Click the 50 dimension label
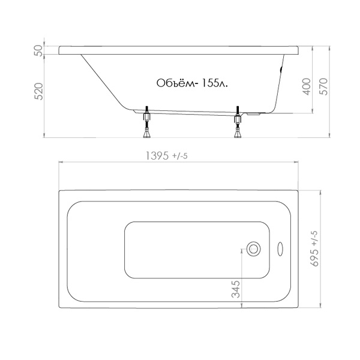point(39,50)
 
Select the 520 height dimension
point(39,91)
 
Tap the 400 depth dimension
point(307,86)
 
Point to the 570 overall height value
point(323,86)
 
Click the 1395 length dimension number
point(157,156)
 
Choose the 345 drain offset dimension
point(236,289)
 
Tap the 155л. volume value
point(215,83)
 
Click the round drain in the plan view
point(253,249)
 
